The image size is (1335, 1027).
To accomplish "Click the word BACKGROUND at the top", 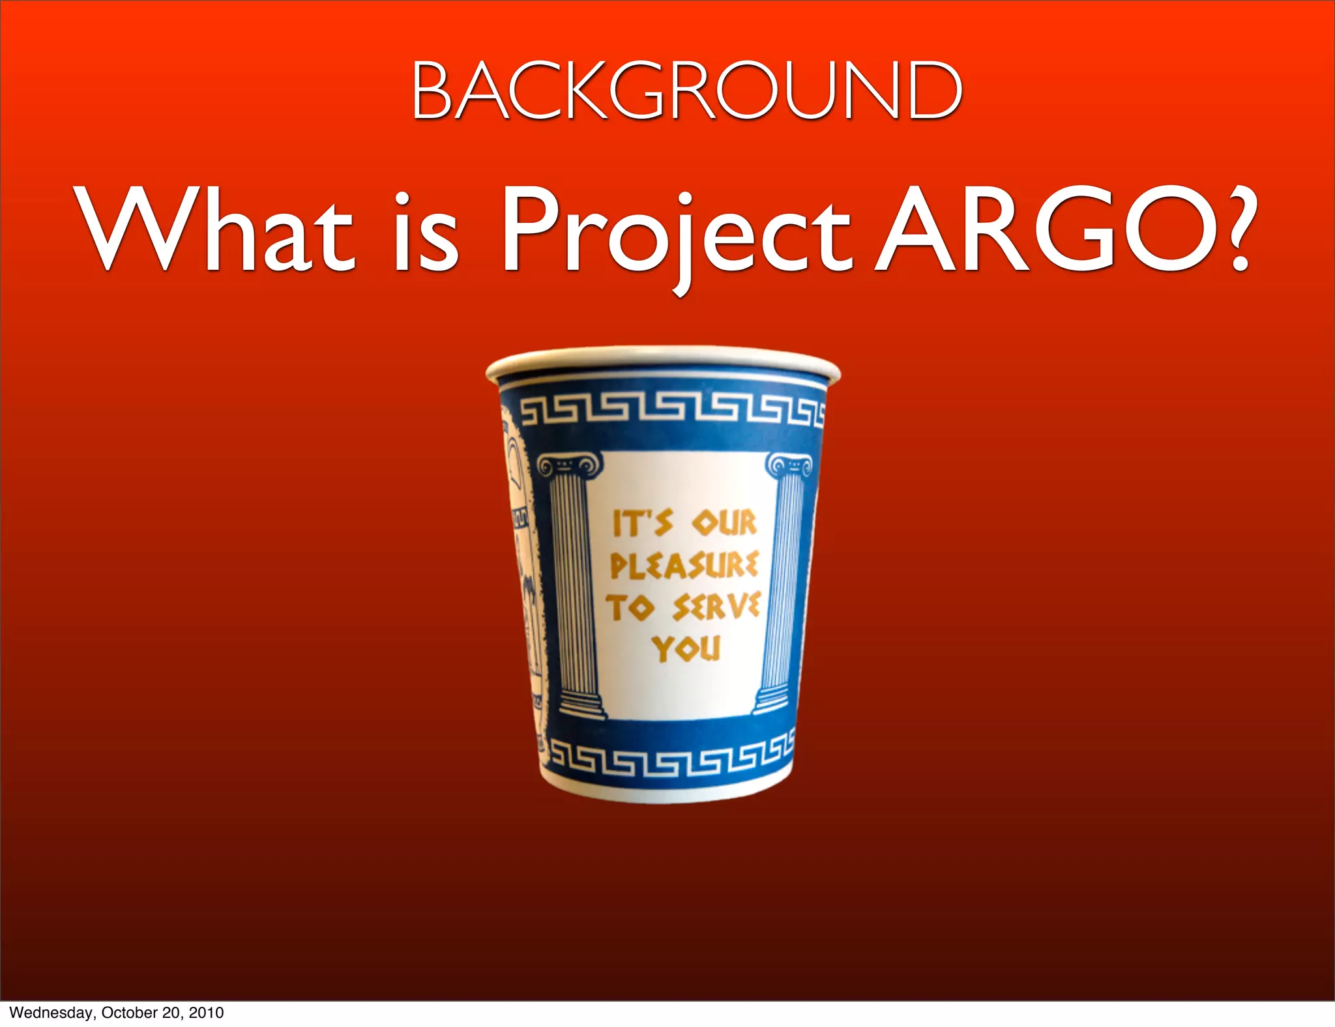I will (x=686, y=91).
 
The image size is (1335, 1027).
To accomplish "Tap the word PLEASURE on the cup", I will (x=684, y=564).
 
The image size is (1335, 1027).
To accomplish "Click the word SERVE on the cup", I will (x=716, y=607).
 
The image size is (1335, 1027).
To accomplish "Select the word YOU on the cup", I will (x=686, y=648).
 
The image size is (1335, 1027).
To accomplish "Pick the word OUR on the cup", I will (x=724, y=523).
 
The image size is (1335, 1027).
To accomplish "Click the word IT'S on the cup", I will (x=642, y=523).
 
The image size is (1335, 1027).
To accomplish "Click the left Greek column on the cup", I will (x=574, y=586).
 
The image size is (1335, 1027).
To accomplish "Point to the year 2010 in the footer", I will (x=206, y=1013).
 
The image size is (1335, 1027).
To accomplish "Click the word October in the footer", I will (x=130, y=1013).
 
